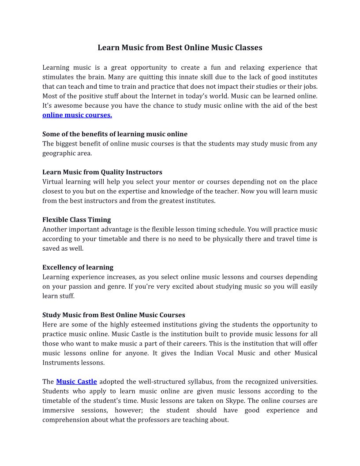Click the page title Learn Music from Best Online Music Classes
click(x=180, y=48)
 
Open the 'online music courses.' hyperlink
click(x=77, y=115)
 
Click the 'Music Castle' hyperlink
click(x=76, y=381)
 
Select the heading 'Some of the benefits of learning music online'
click(x=115, y=134)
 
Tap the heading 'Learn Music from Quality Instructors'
click(x=102, y=172)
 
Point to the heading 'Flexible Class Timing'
click(x=77, y=220)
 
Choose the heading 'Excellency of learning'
click(x=78, y=267)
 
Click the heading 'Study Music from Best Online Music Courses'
click(x=113, y=315)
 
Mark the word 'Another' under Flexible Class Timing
click(x=55, y=229)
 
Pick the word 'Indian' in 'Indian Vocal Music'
click(x=204, y=353)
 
